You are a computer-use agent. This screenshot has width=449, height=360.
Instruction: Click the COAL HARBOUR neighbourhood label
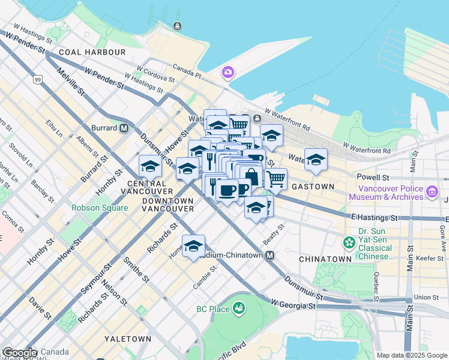pyautogui.click(x=92, y=52)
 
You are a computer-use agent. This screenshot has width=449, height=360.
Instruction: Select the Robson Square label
pyautogui.click(x=100, y=208)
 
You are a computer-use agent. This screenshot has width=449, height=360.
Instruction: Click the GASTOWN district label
pyautogui.click(x=313, y=187)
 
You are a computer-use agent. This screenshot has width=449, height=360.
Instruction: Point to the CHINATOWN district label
pyautogui.click(x=325, y=259)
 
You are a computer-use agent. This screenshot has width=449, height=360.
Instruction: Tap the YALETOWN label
pyautogui.click(x=128, y=339)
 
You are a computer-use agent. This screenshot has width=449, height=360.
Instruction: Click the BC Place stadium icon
pyautogui.click(x=239, y=308)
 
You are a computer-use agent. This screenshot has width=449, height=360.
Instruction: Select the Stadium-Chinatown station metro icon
pyautogui.click(x=270, y=256)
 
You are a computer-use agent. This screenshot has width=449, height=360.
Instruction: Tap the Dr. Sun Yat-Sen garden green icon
pyautogui.click(x=349, y=243)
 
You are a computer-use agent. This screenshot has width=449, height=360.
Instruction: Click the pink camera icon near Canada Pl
pyautogui.click(x=228, y=73)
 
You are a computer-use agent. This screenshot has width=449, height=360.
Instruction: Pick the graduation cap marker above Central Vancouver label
pyautogui.click(x=150, y=166)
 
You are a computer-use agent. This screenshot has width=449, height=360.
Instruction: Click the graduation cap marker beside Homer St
pyautogui.click(x=193, y=245)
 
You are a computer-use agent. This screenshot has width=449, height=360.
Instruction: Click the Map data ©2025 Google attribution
pyautogui.click(x=411, y=355)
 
